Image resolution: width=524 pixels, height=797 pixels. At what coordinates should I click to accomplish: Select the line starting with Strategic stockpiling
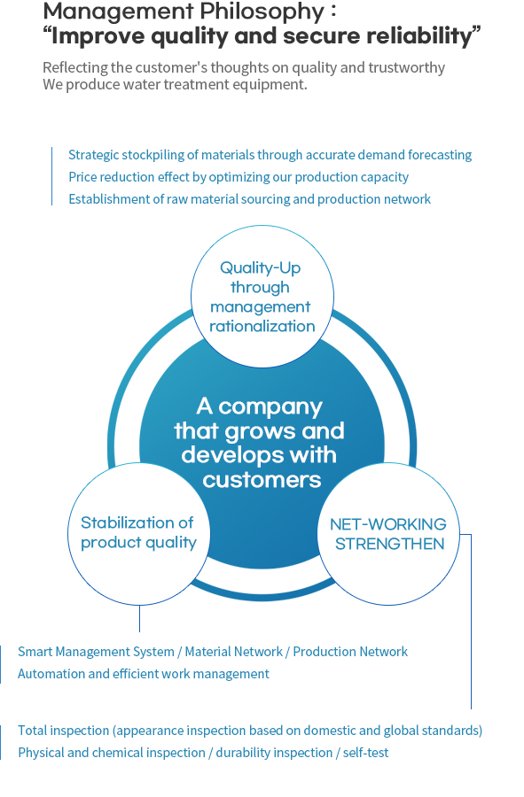(x=270, y=154)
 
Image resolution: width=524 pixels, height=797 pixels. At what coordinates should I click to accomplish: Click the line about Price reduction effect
(x=239, y=177)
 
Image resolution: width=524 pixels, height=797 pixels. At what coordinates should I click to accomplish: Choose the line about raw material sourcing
(x=250, y=198)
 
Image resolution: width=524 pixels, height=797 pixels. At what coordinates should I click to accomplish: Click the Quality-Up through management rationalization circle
(x=262, y=297)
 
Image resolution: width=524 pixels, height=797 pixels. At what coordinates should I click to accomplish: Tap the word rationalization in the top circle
(x=262, y=326)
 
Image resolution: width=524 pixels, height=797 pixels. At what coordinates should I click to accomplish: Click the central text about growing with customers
(x=260, y=443)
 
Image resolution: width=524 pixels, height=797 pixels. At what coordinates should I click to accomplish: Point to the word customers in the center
(x=262, y=479)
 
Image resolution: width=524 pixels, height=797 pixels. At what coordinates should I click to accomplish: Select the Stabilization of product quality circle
(x=139, y=534)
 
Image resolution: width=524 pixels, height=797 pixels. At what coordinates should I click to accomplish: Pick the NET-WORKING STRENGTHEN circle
(x=388, y=534)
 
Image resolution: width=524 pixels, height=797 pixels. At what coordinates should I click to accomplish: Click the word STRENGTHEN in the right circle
(x=390, y=544)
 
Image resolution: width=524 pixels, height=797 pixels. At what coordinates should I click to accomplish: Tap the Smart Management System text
(x=96, y=652)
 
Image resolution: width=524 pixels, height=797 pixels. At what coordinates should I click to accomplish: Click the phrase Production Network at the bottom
(x=350, y=652)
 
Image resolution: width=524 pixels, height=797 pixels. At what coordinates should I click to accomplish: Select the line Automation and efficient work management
(x=144, y=674)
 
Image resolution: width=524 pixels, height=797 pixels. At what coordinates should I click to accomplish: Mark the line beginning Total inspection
(x=250, y=731)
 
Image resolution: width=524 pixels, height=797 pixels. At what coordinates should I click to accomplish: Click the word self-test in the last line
(x=365, y=753)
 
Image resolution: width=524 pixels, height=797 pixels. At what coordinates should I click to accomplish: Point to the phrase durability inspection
(x=274, y=753)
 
